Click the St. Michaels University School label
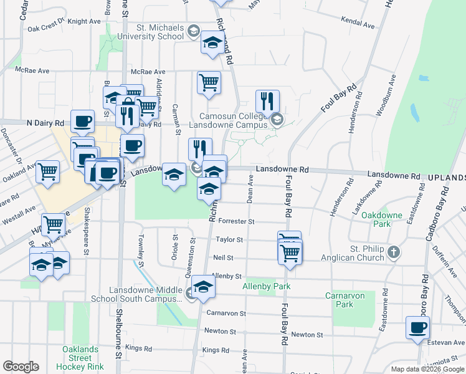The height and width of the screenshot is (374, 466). pos(161,32)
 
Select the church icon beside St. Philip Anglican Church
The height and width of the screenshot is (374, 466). pos(392,252)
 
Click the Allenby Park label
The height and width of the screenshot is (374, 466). pos(267,286)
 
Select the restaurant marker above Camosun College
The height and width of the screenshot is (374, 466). pos(267,101)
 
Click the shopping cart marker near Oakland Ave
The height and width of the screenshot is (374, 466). pos(47,171)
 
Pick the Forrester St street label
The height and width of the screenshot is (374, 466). pos(235,221)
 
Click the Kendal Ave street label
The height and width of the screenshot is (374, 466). pos(358,22)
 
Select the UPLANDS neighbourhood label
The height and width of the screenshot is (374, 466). pos(446,178)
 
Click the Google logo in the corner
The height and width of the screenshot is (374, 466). pos(21,367)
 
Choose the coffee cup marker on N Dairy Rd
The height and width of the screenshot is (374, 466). pos(82,121)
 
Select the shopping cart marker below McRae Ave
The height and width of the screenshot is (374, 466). pos(209,82)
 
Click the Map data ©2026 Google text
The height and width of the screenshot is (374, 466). pos(427,369)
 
